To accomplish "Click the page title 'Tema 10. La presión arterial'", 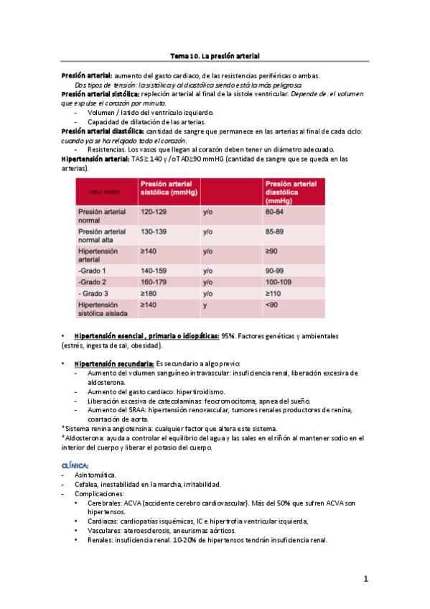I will click(x=215, y=55).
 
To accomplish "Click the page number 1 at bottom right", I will click(x=365, y=579).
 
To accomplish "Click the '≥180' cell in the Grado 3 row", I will click(x=149, y=294).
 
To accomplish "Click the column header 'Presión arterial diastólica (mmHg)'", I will click(x=291, y=192).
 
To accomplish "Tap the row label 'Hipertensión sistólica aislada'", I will click(x=102, y=310).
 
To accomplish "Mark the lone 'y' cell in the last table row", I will click(x=205, y=305).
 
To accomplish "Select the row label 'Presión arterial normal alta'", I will click(x=101, y=236).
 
